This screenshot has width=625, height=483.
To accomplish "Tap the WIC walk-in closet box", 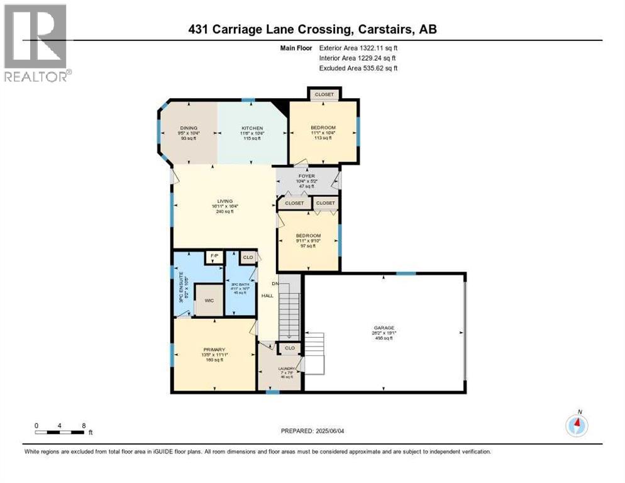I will click(x=209, y=300).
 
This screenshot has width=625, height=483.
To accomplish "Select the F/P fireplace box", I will click(x=214, y=257).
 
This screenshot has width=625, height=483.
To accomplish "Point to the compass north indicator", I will click(x=577, y=425).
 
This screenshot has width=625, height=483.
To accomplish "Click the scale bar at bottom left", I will click(x=60, y=431).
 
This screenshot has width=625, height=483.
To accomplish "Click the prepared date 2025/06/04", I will click(x=312, y=431).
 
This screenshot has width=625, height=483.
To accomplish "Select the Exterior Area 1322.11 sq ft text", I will click(x=358, y=47).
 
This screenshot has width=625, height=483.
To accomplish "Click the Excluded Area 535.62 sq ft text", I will click(x=358, y=68).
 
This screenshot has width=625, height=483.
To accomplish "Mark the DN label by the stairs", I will click(x=275, y=282).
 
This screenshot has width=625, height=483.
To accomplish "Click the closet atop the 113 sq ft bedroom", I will click(x=324, y=94).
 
